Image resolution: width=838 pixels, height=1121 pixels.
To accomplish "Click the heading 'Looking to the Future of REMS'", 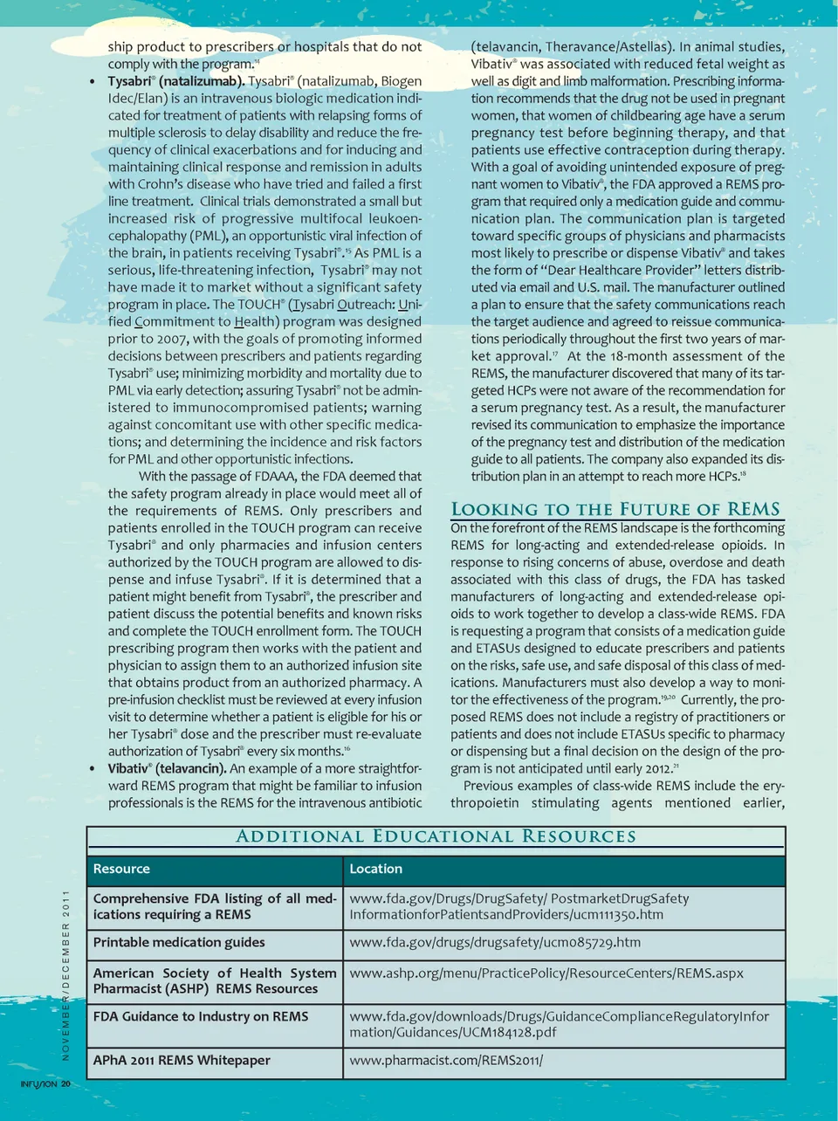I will [x=615, y=509].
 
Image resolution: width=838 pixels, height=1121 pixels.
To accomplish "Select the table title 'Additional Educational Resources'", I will [x=436, y=836].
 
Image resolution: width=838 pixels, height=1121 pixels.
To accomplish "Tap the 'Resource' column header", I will [x=121, y=869].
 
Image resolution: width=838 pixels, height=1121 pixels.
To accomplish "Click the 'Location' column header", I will [x=375, y=869].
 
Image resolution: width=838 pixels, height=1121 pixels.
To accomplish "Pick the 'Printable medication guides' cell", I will [x=179, y=942].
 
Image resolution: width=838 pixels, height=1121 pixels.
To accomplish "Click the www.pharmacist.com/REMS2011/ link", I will [x=446, y=1060].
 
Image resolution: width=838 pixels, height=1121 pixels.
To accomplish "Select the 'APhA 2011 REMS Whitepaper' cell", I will [x=182, y=1060].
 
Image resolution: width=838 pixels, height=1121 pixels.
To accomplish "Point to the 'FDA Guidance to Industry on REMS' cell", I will [x=201, y=1016].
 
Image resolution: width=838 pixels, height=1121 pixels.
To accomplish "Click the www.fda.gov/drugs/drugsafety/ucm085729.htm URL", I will [x=495, y=942].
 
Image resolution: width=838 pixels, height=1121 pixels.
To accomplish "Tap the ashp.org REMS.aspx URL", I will [x=546, y=973].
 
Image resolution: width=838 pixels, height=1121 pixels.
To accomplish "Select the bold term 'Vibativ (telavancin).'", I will [x=167, y=768].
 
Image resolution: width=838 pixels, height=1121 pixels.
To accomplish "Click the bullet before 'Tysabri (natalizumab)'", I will [x=93, y=82].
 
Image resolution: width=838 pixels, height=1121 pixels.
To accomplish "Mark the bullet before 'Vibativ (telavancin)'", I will [x=93, y=769].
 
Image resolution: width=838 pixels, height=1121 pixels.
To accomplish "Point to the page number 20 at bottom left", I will [x=66, y=1084].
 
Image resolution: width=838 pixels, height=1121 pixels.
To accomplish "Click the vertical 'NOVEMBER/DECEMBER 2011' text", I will [x=65, y=974].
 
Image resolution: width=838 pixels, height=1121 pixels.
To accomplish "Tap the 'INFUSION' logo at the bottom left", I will [x=38, y=1084].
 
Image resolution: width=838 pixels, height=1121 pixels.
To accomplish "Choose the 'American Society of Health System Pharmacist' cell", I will [x=214, y=980].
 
